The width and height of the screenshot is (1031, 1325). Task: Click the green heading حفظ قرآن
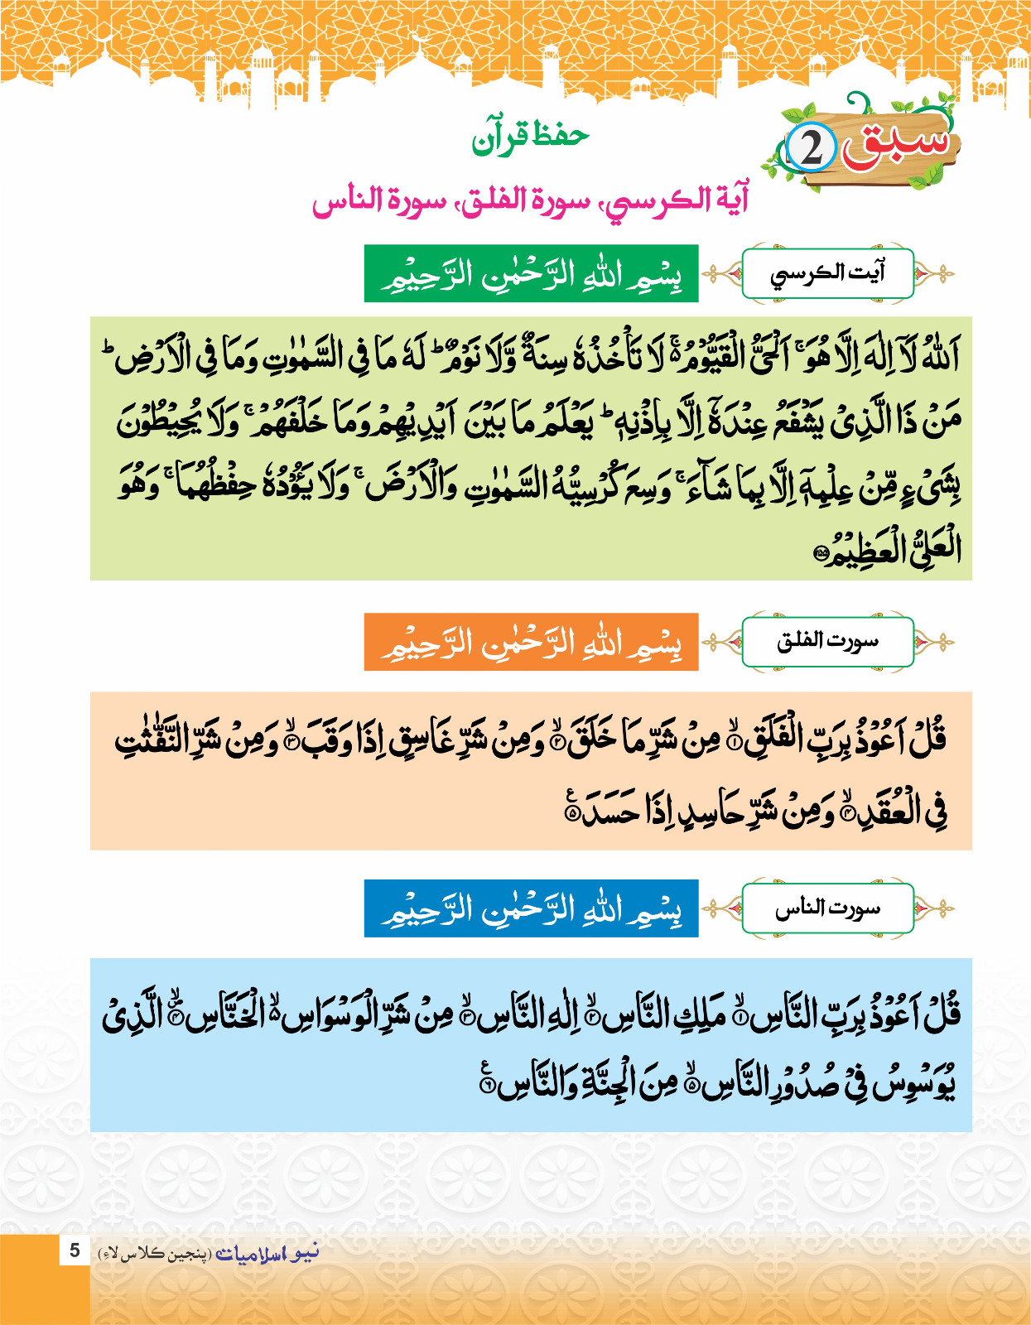pos(531,137)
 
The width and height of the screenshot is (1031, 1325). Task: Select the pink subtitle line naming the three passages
pos(530,200)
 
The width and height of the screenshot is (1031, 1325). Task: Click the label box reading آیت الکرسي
pos(827,272)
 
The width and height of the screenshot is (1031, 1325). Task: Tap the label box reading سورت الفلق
pos(827,641)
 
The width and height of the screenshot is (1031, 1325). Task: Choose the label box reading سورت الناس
pos(827,908)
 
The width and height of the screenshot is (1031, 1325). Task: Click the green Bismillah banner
pos(531,273)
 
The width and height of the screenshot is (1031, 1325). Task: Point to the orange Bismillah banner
pos(531,642)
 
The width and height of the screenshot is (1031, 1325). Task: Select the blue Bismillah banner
pos(531,908)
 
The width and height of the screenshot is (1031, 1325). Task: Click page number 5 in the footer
pos(75,1250)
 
